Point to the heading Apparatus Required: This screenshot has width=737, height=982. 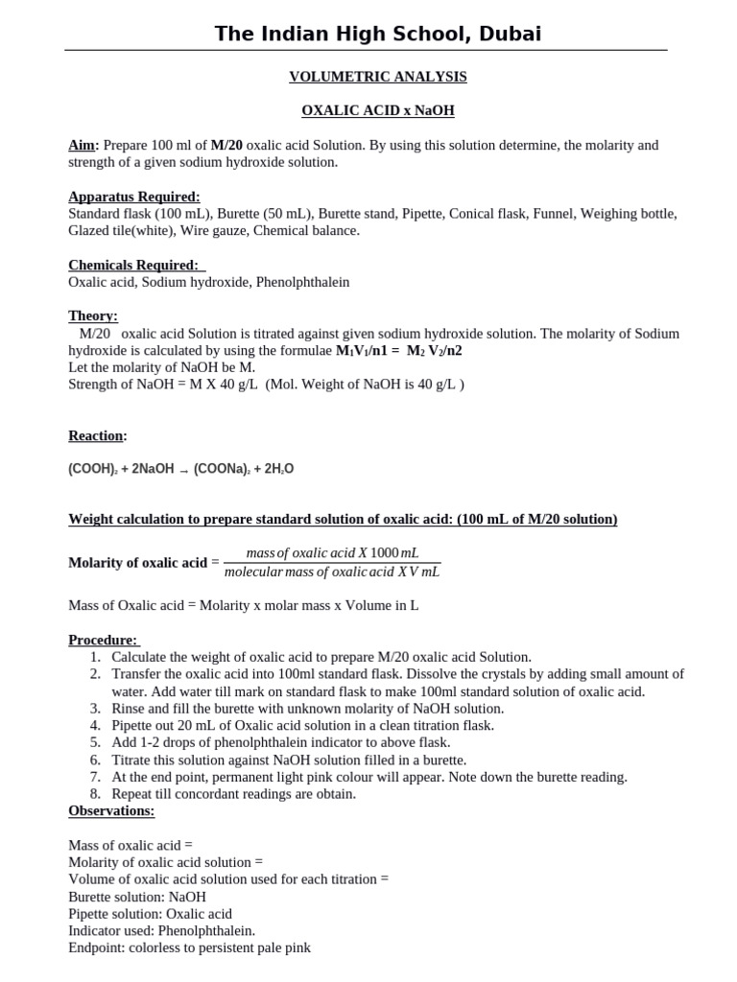tap(134, 197)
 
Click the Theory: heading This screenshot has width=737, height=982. tap(93, 316)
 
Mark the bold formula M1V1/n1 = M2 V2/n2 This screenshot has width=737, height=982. tap(398, 350)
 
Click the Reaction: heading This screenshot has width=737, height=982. tap(97, 435)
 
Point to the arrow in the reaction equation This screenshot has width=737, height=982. tap(184, 470)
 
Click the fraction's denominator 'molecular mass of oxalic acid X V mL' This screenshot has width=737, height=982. tap(331, 573)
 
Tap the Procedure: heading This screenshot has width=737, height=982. tap(103, 640)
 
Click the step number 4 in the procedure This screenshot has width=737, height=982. tap(96, 725)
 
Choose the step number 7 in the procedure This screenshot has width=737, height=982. tap(96, 777)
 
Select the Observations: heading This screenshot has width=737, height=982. tap(111, 810)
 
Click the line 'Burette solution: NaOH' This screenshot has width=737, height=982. tap(137, 897)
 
